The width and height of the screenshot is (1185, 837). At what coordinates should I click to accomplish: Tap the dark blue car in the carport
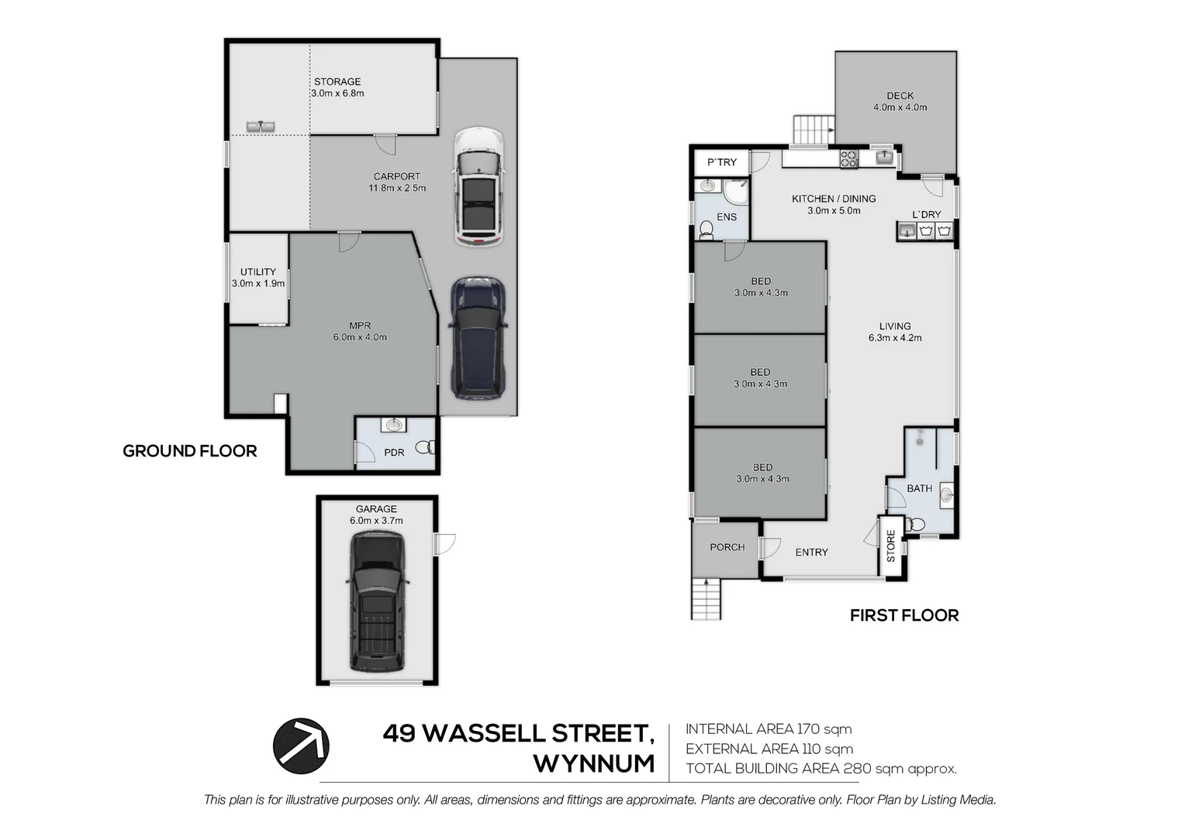pos(478,339)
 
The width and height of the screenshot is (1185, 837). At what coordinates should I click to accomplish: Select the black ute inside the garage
pos(377,601)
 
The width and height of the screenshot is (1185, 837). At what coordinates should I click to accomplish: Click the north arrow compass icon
pos(301,746)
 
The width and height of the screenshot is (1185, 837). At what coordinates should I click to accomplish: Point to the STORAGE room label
pos(337,82)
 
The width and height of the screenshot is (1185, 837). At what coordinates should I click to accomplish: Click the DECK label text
pos(900,95)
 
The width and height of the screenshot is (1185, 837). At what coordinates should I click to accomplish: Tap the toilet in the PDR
pos(425,447)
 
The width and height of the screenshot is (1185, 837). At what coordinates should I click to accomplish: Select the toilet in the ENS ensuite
pos(706,229)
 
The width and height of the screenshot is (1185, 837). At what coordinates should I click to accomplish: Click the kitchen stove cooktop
pos(849,159)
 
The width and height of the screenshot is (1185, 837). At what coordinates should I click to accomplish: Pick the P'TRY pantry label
pos(722,162)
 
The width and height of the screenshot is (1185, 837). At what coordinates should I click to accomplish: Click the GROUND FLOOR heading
pos(190,451)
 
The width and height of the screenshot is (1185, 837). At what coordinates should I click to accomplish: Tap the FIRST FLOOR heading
pos(904,615)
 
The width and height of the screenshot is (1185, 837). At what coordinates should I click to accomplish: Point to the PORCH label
pos(727,547)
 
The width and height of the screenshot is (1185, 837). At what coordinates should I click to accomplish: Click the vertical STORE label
pos(891,546)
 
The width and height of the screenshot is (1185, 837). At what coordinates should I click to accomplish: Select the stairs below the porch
pos(707,599)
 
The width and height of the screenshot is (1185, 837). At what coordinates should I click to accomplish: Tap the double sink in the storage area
pos(261,126)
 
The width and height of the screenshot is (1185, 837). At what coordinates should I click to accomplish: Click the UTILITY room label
pos(258,272)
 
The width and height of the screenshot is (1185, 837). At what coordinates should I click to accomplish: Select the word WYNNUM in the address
pos(593,764)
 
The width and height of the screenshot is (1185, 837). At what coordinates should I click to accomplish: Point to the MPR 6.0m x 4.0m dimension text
pos(360,337)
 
